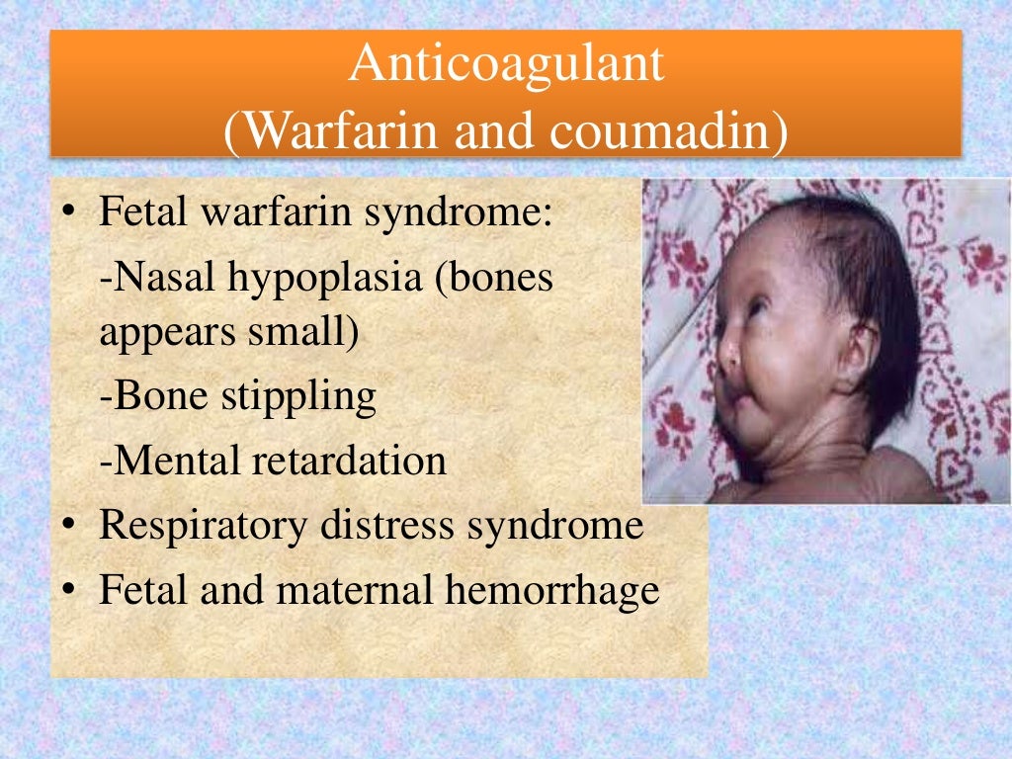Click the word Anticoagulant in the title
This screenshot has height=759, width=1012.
(507, 64)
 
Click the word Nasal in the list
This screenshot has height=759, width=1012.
(165, 280)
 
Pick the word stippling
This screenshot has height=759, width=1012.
(302, 397)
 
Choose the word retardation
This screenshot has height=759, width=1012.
(356, 461)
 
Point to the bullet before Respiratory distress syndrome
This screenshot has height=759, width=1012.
(70, 527)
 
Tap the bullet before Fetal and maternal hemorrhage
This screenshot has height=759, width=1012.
(70, 591)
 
